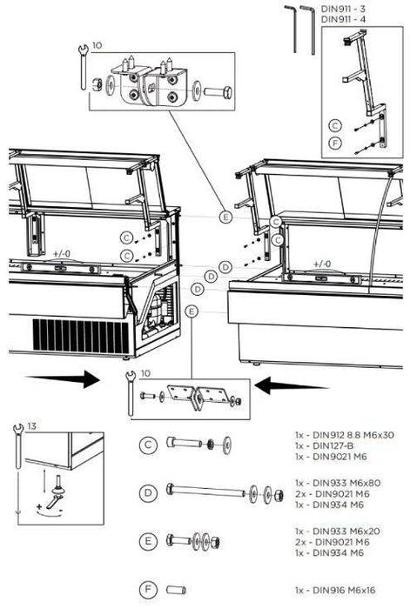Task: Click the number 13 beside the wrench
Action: point(32,427)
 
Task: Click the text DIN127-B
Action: point(319,444)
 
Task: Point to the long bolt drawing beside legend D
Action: point(218,493)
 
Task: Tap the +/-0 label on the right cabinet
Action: point(322,263)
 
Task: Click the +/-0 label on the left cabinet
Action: point(62,252)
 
